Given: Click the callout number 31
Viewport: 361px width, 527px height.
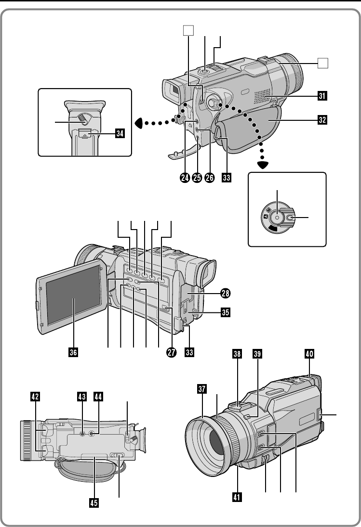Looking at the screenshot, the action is tap(322, 96).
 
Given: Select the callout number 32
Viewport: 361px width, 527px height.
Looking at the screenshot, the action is tap(322, 120).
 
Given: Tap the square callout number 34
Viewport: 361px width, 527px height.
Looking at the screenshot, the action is tap(120, 133).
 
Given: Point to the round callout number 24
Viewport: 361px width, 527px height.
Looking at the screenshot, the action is tap(185, 177).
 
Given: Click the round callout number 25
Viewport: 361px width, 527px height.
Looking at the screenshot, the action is tap(197, 177).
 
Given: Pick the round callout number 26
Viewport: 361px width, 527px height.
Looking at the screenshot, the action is tap(209, 177).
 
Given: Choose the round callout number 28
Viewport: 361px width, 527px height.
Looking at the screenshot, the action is tap(225, 294).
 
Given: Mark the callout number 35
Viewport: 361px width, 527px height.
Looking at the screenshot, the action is tap(225, 312).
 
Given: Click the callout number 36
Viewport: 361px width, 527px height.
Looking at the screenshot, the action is tap(73, 352).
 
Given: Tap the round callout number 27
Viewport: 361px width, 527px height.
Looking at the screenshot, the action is tap(171, 352).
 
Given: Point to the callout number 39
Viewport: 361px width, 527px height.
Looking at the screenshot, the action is tap(257, 354).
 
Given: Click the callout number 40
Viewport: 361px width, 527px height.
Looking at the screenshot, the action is tap(309, 354).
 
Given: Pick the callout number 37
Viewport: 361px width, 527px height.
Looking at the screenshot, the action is tap(202, 389).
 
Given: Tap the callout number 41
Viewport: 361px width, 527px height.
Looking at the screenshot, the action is tap(237, 497).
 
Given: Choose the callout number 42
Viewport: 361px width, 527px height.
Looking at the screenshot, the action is tap(35, 397).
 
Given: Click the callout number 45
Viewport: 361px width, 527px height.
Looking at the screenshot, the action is tap(94, 503).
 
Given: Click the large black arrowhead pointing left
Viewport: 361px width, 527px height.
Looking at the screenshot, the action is tap(139, 123).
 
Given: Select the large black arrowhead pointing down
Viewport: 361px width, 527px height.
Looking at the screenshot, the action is tap(263, 165).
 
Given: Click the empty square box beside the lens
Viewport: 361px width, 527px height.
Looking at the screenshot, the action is tap(323, 63).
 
